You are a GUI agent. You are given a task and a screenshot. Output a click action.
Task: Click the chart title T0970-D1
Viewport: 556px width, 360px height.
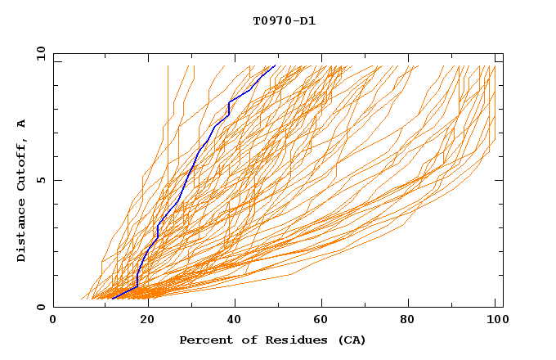coord(284,20)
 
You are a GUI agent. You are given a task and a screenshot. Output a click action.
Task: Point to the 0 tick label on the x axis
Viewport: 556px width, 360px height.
coord(53,320)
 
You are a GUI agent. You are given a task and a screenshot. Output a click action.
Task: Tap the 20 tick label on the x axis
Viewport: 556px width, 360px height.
coord(142,320)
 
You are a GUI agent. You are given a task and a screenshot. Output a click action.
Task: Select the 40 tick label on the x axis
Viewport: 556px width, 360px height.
coord(231,320)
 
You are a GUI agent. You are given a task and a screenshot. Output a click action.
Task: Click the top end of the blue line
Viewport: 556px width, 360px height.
coord(276,65)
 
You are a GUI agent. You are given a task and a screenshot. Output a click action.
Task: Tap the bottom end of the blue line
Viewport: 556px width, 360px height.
coord(112,298)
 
